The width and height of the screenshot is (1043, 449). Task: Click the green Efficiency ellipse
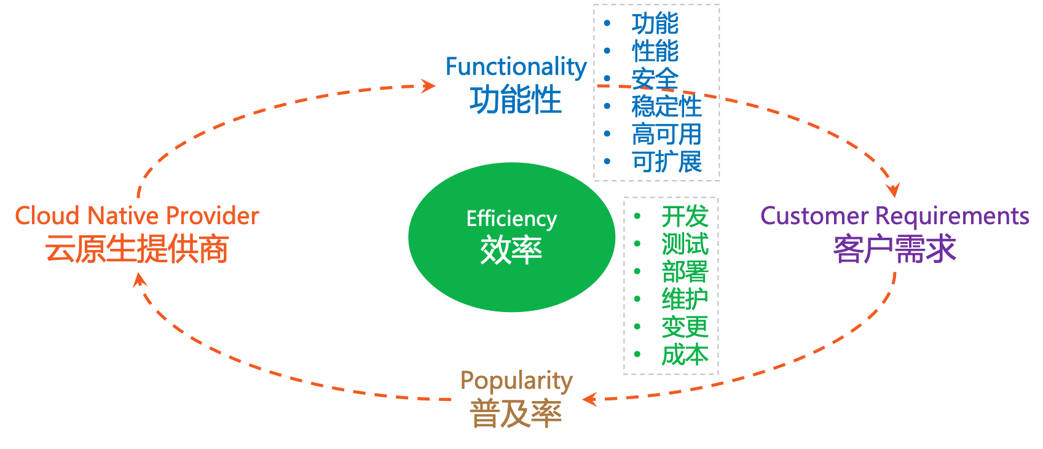coord(511,237)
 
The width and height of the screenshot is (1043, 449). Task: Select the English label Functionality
coord(516,67)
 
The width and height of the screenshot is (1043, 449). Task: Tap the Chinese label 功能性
coord(516,100)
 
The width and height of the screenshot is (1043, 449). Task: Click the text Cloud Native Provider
coord(137,216)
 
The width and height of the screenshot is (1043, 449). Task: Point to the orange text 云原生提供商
coord(137,249)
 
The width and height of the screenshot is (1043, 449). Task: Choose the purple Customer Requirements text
coord(894,216)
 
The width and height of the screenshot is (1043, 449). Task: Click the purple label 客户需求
coord(894,249)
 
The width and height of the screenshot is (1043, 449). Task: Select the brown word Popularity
coord(516,381)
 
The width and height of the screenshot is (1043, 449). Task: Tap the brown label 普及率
coord(516,413)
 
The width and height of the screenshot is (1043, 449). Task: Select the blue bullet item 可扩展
coord(666,162)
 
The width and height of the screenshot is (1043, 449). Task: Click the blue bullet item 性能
coord(655,51)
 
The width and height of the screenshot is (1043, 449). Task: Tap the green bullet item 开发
coord(685,217)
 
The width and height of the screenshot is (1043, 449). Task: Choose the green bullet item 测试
coord(685,244)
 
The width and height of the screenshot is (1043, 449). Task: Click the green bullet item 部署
coord(685,272)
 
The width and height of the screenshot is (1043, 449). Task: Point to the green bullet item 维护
coord(685,300)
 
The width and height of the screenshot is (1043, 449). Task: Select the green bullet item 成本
coord(685,355)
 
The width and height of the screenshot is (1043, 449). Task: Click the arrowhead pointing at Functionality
coord(429,85)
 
